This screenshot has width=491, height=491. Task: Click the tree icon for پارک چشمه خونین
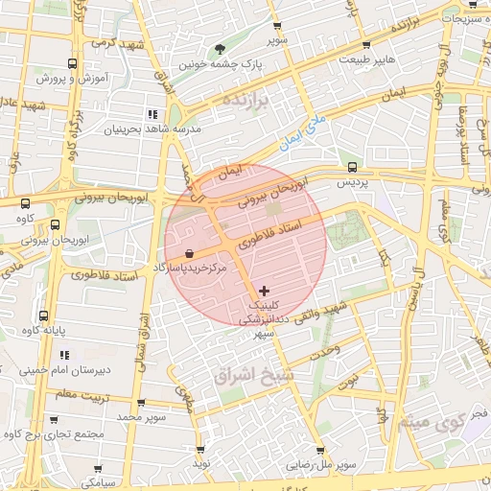222,49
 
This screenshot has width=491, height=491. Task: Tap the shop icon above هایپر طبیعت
365,45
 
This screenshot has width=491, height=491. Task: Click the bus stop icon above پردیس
352,166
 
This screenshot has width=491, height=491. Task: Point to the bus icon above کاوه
25,203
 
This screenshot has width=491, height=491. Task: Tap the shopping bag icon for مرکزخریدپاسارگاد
188,253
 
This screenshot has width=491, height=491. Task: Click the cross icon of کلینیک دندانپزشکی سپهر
265,290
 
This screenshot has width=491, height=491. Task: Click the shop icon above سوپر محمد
141,403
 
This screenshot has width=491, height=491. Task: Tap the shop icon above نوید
200,449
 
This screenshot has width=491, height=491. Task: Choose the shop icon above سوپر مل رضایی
319,451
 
